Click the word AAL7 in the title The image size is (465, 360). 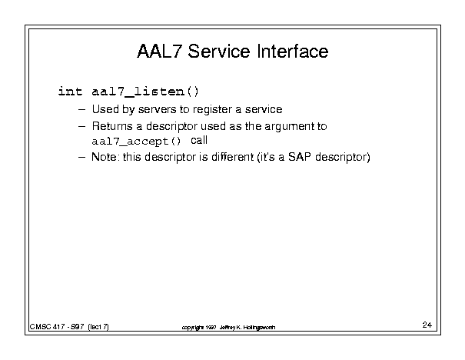point(158,51)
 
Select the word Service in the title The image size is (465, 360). point(219,51)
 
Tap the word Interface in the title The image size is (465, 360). point(293,51)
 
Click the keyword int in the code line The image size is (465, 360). point(70,91)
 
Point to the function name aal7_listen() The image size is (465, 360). point(145,92)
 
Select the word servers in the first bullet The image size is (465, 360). point(158,109)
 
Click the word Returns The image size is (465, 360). point(112,126)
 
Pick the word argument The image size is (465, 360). point(289,127)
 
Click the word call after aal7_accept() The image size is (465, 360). point(199,140)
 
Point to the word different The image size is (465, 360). point(232,157)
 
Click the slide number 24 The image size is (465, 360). point(427,325)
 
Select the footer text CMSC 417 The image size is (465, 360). point(47,327)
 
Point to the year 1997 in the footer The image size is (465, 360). point(211,328)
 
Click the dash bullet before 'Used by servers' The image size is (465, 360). point(81,110)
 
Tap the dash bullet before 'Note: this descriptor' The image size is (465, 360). point(81,157)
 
